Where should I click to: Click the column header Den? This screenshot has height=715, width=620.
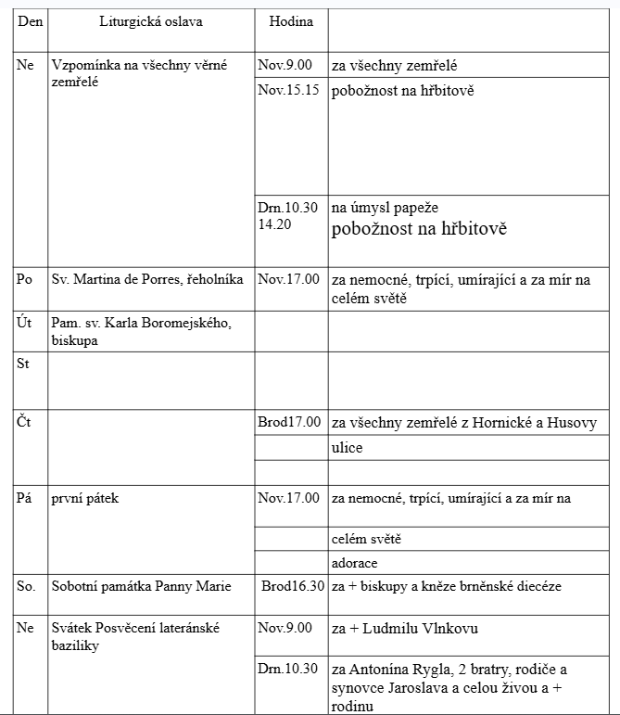point(31,21)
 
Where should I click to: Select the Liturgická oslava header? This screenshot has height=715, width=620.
point(151,21)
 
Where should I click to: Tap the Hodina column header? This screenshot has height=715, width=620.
point(291,21)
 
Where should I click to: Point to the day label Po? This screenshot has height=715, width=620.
point(25,279)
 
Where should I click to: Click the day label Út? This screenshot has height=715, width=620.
point(24,322)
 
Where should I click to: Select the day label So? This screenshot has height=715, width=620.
point(26,586)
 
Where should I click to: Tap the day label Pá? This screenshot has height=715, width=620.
point(25,499)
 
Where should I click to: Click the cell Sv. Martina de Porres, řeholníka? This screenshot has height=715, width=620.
point(147,279)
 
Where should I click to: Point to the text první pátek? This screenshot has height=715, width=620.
point(85,499)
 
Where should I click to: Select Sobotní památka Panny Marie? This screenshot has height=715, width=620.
point(142,586)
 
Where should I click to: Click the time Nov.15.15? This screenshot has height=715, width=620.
point(290,90)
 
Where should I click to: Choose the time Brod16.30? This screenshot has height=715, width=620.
point(293,586)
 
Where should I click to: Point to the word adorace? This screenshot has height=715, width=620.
point(354,563)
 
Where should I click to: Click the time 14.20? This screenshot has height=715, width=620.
point(276,223)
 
